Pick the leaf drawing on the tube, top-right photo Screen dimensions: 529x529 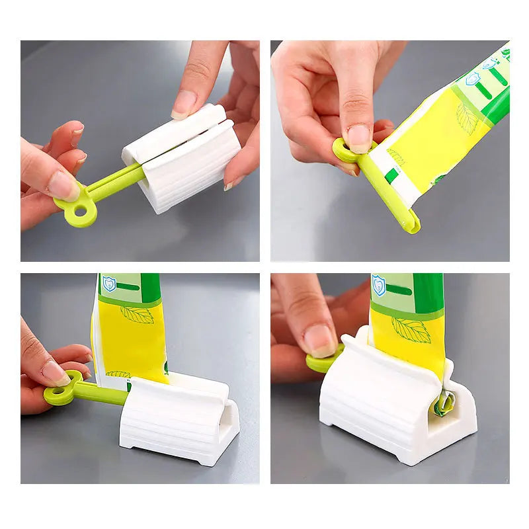pos(467,118)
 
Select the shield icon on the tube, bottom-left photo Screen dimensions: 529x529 pos(109,284)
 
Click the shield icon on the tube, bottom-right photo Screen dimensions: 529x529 pos(379,285)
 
